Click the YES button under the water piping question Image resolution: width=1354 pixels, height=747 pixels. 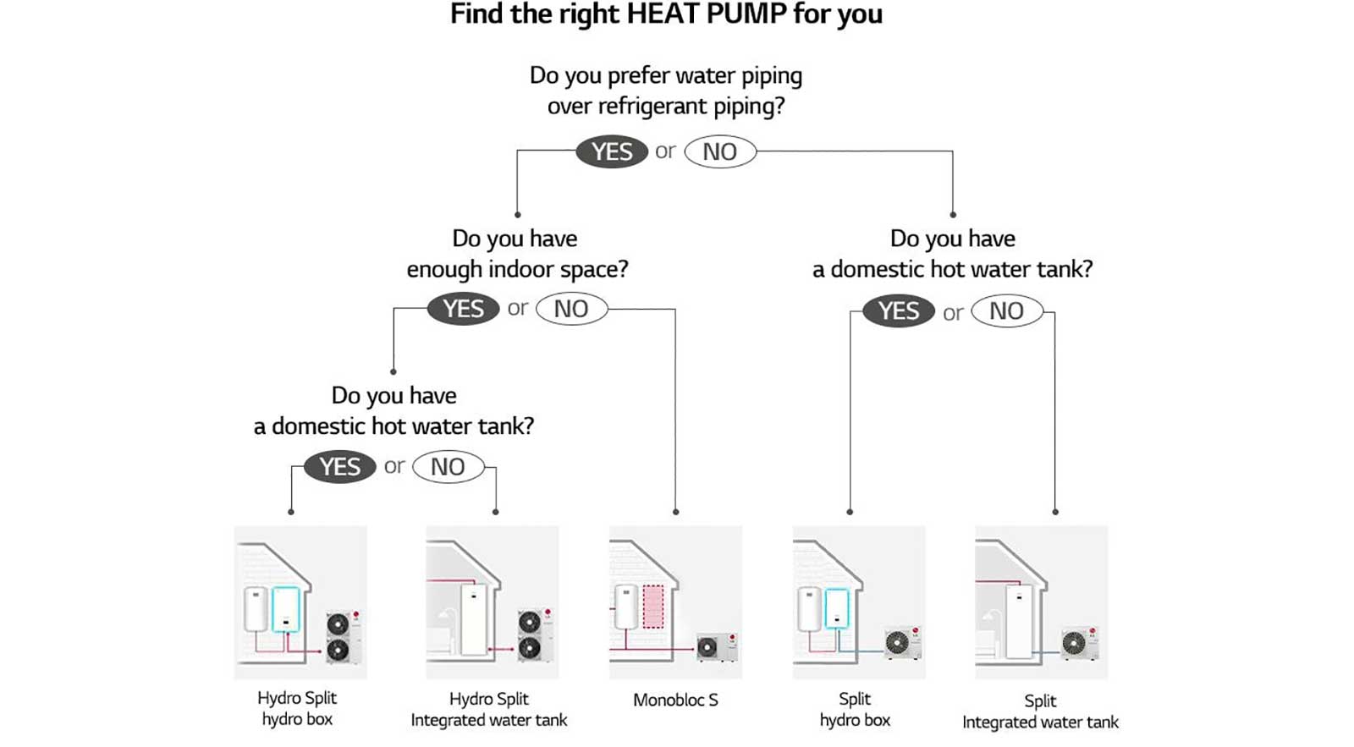pos(611,151)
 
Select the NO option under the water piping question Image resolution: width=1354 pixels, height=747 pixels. pos(719,151)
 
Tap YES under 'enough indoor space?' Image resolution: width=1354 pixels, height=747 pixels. pos(463,309)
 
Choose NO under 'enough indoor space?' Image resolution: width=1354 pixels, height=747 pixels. pos(571,309)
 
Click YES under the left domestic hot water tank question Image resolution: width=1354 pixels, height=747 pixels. pos(339,466)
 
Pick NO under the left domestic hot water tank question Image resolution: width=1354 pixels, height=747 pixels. pos(448,466)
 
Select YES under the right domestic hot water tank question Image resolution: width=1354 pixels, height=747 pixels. pos(898,311)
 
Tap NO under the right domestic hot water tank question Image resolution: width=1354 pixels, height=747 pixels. pos(1006,311)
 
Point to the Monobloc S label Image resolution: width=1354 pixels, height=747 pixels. pos(675,700)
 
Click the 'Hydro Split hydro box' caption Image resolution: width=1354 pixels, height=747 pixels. pos(297,709)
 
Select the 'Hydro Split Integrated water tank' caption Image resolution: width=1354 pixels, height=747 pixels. pos(489,710)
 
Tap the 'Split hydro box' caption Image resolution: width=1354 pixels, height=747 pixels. pos(855,710)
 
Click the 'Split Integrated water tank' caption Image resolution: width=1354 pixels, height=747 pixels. pos(1040,711)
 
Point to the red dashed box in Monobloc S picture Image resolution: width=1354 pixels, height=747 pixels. pos(653,607)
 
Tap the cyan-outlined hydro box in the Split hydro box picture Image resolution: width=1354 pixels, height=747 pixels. pos(836,608)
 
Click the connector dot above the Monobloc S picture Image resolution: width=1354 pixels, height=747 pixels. pos(675,512)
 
